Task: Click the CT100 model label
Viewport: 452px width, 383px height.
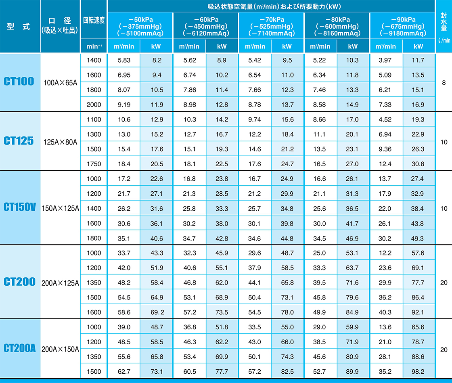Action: tap(20, 82)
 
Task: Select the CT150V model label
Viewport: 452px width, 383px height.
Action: tap(20, 207)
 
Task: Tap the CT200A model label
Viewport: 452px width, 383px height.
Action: tap(20, 349)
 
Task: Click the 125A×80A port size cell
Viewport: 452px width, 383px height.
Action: tap(60, 141)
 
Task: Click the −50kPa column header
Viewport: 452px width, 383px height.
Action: tap(140, 27)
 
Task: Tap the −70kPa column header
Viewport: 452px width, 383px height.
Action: tap(271, 27)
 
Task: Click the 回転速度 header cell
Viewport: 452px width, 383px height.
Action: tap(94, 20)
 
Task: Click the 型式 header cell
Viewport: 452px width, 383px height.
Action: tap(20, 27)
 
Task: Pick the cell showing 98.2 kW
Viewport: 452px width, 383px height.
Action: tap(419, 371)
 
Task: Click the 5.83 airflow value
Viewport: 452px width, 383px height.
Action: tap(124, 60)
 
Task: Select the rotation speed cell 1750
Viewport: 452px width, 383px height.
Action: tap(94, 164)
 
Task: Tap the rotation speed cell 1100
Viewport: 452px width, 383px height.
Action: tap(94, 119)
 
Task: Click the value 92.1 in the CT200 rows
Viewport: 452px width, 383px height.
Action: tap(419, 312)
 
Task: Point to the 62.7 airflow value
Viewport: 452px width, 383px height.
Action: tap(124, 371)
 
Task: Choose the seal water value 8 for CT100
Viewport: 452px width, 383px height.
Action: tap(444, 82)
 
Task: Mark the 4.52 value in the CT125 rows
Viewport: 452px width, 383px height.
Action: tap(385, 119)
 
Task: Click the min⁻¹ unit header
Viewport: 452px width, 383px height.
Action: tap(94, 46)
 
